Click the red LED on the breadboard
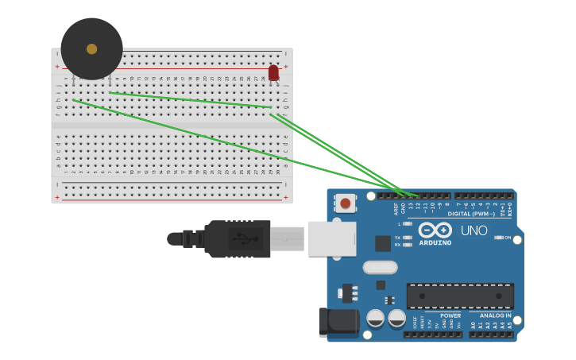[x=273, y=72]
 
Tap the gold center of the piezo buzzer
[x=91, y=48]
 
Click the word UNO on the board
[x=474, y=230]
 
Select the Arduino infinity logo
[x=435, y=230]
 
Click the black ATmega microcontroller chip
[x=460, y=296]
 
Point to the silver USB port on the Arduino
[x=331, y=238]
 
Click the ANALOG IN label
[x=495, y=315]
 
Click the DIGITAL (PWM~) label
[x=470, y=214]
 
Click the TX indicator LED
[x=408, y=238]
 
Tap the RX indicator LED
[x=408, y=245]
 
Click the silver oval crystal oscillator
[x=381, y=267]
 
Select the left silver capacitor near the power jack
[x=376, y=319]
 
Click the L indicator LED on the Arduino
[x=408, y=224]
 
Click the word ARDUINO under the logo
[x=435, y=242]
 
